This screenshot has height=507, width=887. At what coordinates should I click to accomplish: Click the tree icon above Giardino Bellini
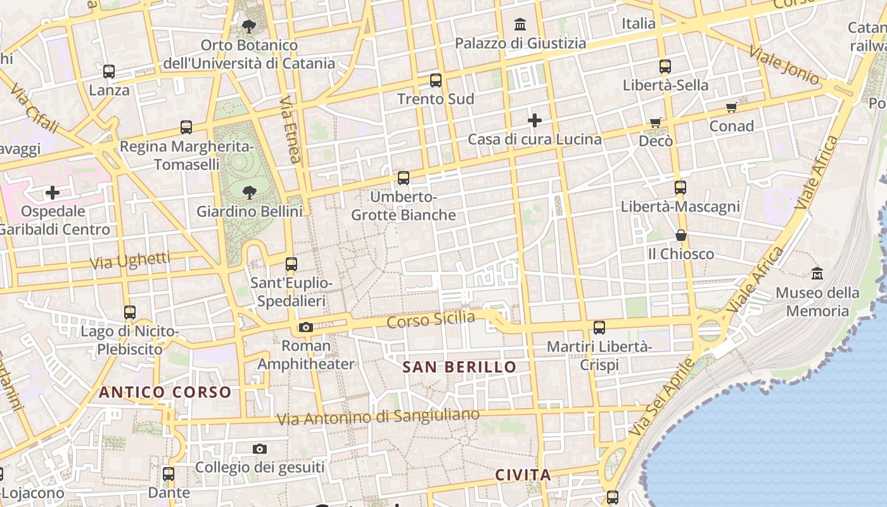[x=250, y=191]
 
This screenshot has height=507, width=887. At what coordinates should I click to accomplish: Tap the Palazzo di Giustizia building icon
[x=521, y=25]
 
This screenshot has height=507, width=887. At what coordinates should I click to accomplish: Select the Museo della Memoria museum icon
[x=817, y=273]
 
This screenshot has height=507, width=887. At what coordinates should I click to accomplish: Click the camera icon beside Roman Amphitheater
[x=306, y=327]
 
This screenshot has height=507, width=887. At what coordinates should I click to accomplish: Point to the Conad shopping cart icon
[x=732, y=107]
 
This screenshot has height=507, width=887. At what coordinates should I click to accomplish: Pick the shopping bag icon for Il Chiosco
[x=681, y=235]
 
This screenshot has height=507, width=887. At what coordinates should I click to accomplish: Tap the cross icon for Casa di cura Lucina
[x=535, y=120]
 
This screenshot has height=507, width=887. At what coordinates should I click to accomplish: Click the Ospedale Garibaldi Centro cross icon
[x=53, y=191]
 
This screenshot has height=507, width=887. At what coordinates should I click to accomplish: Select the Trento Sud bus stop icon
[x=436, y=80]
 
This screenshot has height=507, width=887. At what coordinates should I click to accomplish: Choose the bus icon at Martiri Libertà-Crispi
[x=599, y=328]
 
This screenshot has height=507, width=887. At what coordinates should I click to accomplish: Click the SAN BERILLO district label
[x=460, y=367]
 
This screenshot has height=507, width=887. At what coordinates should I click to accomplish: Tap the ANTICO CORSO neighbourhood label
[x=165, y=392]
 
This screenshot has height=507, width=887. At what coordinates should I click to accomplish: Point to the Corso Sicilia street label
[x=431, y=319]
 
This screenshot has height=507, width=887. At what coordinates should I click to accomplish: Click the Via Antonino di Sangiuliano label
[x=378, y=417]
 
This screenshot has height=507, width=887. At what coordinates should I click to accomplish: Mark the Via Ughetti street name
[x=131, y=260]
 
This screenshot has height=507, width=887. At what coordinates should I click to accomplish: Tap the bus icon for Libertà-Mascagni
[x=680, y=188]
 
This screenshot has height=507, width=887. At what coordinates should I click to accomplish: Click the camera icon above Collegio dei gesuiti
[x=260, y=449]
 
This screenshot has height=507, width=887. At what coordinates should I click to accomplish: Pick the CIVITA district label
[x=523, y=475]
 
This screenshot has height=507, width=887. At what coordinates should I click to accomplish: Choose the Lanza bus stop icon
[x=109, y=72]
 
